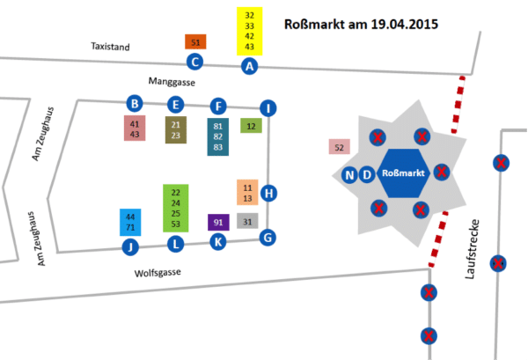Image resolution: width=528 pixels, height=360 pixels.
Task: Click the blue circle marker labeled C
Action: pos(195,62)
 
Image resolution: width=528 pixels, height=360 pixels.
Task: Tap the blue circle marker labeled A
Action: pos(250,65)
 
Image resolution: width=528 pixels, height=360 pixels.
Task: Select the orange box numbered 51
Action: pos(195,41)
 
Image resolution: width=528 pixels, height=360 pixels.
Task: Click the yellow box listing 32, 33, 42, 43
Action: pos(250,31)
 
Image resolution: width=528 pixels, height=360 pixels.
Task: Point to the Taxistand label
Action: pos(110,46)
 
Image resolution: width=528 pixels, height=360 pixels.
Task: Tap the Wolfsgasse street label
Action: pos(159,273)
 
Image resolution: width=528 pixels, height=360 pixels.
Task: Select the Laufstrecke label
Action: pos(470,256)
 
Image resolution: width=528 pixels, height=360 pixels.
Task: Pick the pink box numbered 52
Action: pos(339,147)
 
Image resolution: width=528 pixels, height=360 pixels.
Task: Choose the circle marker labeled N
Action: pos(350,174)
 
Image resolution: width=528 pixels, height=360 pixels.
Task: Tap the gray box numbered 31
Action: pos(247,221)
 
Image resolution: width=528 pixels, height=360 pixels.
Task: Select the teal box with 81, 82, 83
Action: pos(218,138)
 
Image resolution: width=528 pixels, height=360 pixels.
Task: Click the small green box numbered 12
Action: pos(251,126)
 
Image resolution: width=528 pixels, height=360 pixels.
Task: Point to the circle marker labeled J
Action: pos(130,246)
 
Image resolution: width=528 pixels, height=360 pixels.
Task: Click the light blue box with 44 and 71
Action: pos(130,222)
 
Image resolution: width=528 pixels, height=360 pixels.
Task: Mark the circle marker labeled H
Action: pos(269,194)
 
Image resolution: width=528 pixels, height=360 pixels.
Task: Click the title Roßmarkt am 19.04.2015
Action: pos(363,23)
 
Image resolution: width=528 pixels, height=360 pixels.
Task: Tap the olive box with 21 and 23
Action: pos(176,130)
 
